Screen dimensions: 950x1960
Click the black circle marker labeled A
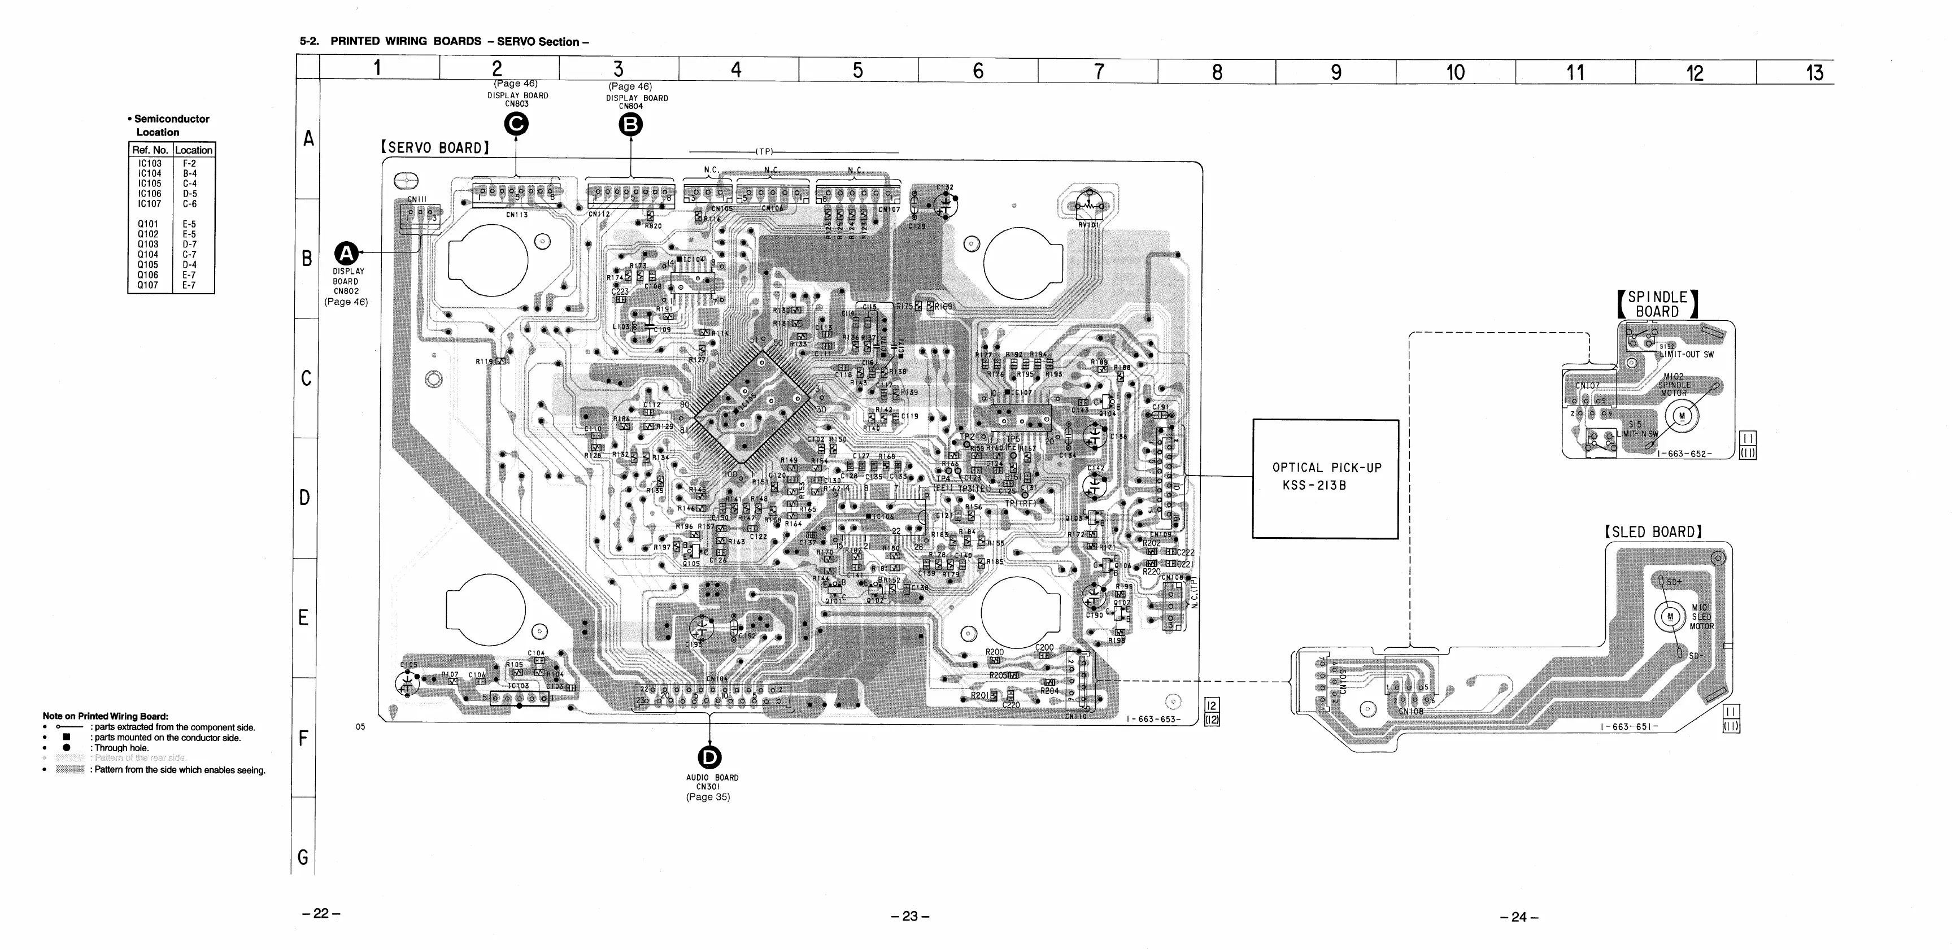[347, 253]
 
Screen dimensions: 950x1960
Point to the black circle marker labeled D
[709, 757]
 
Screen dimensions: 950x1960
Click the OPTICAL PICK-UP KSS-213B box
[1326, 478]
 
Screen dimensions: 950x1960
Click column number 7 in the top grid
[1099, 72]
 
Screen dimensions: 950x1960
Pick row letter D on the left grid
[305, 498]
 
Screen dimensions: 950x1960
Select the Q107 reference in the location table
[149, 285]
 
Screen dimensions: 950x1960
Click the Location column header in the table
[194, 150]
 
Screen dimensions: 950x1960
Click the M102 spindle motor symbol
[1682, 416]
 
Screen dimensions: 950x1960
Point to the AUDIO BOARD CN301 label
[712, 782]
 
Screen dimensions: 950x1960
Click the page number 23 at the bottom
[910, 917]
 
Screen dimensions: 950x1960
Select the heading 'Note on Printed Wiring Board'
[105, 716]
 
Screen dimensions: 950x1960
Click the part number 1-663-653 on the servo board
[1153, 720]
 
